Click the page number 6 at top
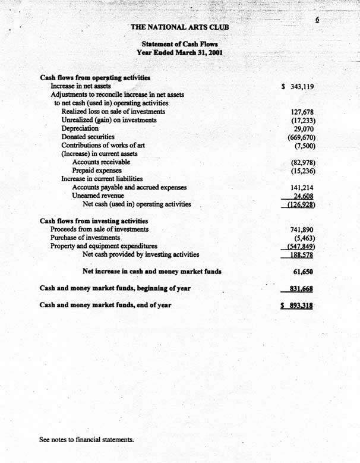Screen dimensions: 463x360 coord(317,20)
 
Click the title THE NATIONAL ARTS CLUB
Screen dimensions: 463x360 coord(179,27)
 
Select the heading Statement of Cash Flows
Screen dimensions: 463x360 coord(179,45)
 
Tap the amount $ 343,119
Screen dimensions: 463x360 coord(298,87)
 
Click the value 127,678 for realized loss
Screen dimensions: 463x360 coord(302,112)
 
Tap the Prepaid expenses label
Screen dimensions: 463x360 coord(93,171)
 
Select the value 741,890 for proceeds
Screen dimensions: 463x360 coord(302,230)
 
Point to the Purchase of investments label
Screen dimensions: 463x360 coord(86,238)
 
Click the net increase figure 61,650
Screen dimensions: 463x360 coord(304,272)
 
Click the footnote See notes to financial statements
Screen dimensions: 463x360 coord(87,440)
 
